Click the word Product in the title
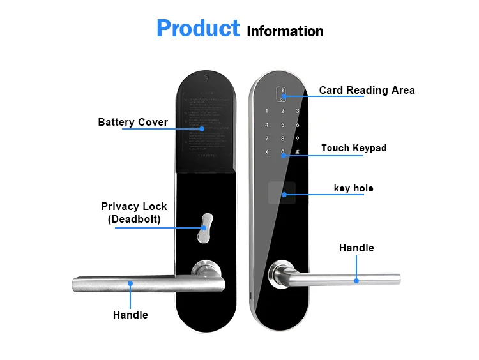(x=197, y=29)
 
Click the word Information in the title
(x=285, y=31)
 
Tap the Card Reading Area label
(x=367, y=90)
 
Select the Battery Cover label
(x=133, y=122)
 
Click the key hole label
(x=353, y=188)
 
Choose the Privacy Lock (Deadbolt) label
(x=134, y=213)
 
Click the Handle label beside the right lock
(x=356, y=248)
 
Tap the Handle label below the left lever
(x=130, y=315)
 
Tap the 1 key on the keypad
(x=267, y=111)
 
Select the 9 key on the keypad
(x=297, y=139)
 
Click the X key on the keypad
(x=267, y=152)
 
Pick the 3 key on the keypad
(x=297, y=111)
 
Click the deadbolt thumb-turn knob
(x=203, y=227)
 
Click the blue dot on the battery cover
(x=202, y=128)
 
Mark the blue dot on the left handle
(x=130, y=283)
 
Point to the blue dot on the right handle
(x=356, y=280)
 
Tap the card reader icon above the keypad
(x=282, y=94)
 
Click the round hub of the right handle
(x=279, y=274)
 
